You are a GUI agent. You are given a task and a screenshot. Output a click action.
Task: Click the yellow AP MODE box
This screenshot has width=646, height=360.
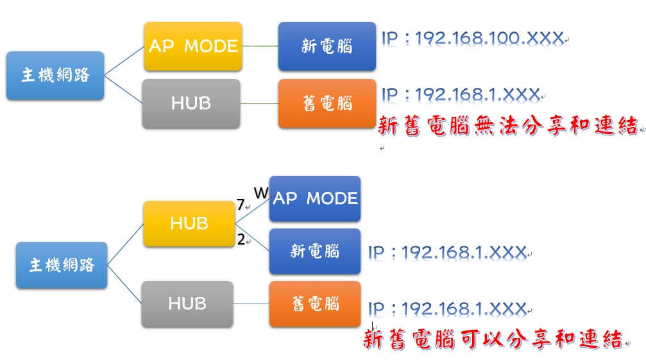pos(193,46)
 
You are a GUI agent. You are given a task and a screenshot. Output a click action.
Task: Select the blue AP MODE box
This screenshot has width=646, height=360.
pos(315,198)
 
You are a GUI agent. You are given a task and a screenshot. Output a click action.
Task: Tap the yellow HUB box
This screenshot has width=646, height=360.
pos(189,223)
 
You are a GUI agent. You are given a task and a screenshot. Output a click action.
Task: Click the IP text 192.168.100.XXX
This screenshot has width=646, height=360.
pos(473,39)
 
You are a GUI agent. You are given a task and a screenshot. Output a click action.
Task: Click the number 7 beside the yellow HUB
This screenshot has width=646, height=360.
pos(241,205)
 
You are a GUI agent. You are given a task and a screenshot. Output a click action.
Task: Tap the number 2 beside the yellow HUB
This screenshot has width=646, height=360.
pos(241,240)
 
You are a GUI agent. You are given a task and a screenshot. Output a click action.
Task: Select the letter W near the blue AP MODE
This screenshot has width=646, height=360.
pos(260,193)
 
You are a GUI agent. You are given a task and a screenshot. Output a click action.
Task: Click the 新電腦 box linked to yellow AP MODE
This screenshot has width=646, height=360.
pos(327,46)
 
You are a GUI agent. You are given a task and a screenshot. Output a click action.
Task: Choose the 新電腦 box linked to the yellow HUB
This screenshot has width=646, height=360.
pos(314,251)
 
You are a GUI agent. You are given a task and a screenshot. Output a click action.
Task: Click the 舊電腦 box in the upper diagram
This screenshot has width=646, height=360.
pos(327,103)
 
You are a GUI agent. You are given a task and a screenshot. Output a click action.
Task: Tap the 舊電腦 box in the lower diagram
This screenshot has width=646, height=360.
pos(314,304)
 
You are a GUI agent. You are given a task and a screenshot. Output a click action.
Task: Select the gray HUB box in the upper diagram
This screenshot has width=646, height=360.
pos(191,103)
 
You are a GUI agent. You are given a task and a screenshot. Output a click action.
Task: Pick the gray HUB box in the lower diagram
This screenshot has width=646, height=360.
pos(187,304)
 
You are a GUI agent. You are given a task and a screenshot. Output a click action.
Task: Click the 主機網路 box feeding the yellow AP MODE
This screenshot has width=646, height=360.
pos(55,75)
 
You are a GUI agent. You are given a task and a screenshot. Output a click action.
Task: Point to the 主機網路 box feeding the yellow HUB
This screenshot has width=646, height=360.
pos(62,264)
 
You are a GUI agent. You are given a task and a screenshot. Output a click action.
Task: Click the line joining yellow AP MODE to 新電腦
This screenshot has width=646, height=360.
pos(260,46)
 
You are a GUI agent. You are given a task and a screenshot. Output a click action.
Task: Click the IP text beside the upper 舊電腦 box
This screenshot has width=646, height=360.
pos(461,95)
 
